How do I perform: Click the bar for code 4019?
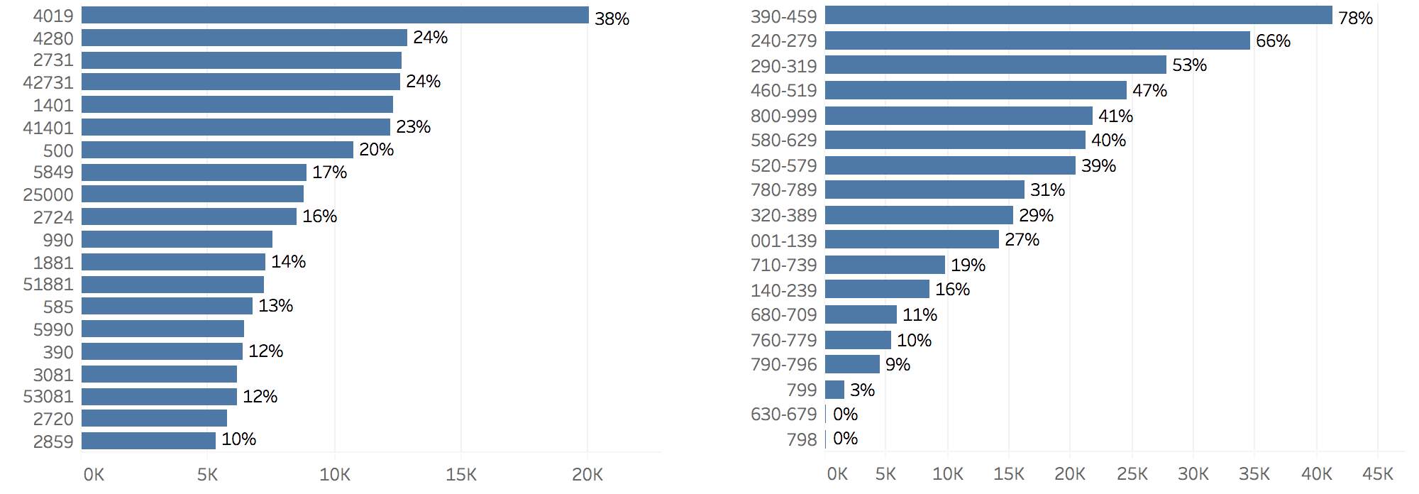click(x=335, y=15)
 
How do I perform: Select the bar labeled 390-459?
click(x=1078, y=15)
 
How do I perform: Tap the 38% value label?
click(x=612, y=19)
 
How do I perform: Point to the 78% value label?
click(x=1355, y=18)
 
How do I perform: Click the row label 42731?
click(x=48, y=83)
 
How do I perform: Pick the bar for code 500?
click(x=217, y=150)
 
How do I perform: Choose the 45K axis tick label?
click(x=1378, y=474)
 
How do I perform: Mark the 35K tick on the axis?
click(x=1254, y=474)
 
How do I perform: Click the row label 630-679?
click(x=783, y=415)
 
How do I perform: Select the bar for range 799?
click(x=834, y=390)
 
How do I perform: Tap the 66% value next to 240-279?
click(x=1273, y=41)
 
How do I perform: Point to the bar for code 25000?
click(x=192, y=194)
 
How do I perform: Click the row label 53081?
click(x=48, y=397)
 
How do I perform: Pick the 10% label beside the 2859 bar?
click(x=238, y=439)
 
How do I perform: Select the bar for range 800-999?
click(x=959, y=116)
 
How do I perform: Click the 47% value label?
click(x=1149, y=91)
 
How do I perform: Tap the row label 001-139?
click(x=783, y=241)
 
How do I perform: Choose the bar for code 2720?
click(x=154, y=418)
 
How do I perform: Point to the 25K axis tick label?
click(x=1132, y=474)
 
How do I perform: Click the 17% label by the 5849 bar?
click(x=329, y=172)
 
